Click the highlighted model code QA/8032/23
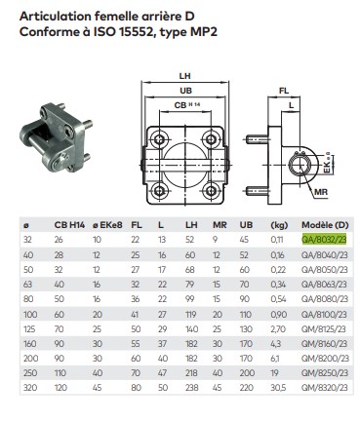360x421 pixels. pyautogui.click(x=324, y=240)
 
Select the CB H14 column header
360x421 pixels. pyautogui.click(x=69, y=225)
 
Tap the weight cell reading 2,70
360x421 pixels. pyautogui.click(x=278, y=329)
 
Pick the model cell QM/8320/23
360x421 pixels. pyautogui.click(x=325, y=387)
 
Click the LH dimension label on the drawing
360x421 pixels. pyautogui.click(x=184, y=76)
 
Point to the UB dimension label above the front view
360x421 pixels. pyautogui.click(x=185, y=91)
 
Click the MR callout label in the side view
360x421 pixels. pyautogui.click(x=321, y=192)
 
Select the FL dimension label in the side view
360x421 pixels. pyautogui.click(x=284, y=91)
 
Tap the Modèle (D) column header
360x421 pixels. pyautogui.click(x=325, y=225)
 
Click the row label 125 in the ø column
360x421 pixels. pyautogui.click(x=29, y=329)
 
